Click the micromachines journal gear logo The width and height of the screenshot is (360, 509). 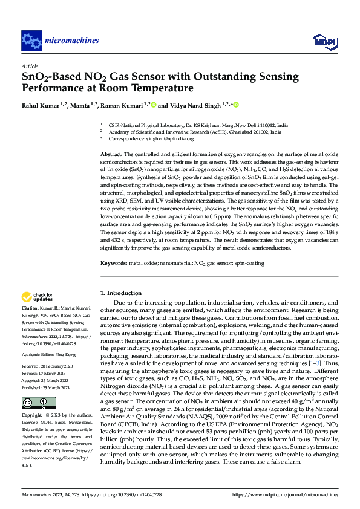(x=31, y=41)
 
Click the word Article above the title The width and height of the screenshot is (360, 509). (x=29, y=66)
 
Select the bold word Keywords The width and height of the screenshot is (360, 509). (x=114, y=264)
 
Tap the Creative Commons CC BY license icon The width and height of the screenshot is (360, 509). (x=39, y=403)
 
